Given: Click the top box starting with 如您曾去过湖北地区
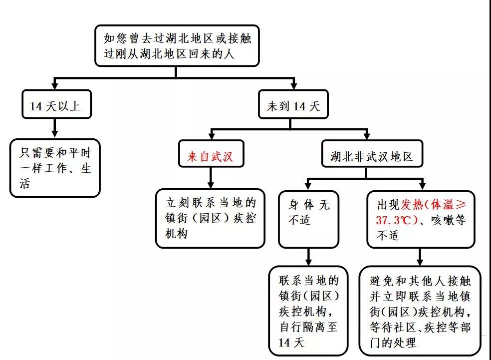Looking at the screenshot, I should tap(177, 46).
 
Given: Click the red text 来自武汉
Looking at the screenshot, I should tap(210, 157).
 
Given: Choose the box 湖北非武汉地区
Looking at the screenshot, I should tap(372, 157).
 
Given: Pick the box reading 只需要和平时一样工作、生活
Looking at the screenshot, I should tap(55, 168).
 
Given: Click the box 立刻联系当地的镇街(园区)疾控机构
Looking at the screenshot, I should tap(210, 218).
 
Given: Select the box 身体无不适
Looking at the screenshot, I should tap(309, 218).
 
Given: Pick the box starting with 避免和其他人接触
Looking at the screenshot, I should tap(420, 311).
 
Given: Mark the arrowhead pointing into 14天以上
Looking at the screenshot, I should tap(55, 85).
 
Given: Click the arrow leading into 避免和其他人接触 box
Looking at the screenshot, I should tap(420, 257).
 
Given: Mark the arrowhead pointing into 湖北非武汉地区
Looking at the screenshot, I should tap(367, 135).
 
